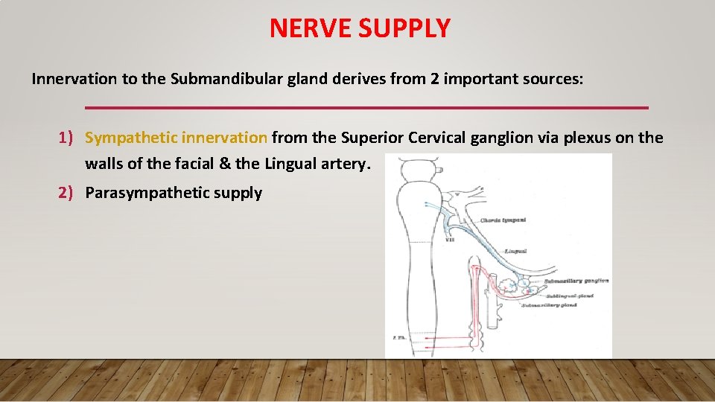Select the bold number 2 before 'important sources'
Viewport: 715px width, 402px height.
434,79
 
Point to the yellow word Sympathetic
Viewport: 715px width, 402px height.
130,138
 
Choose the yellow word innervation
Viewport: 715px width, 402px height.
224,138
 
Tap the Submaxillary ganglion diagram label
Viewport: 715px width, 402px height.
576,281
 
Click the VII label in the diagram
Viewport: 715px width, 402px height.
451,239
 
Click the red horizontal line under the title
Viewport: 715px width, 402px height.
366,108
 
